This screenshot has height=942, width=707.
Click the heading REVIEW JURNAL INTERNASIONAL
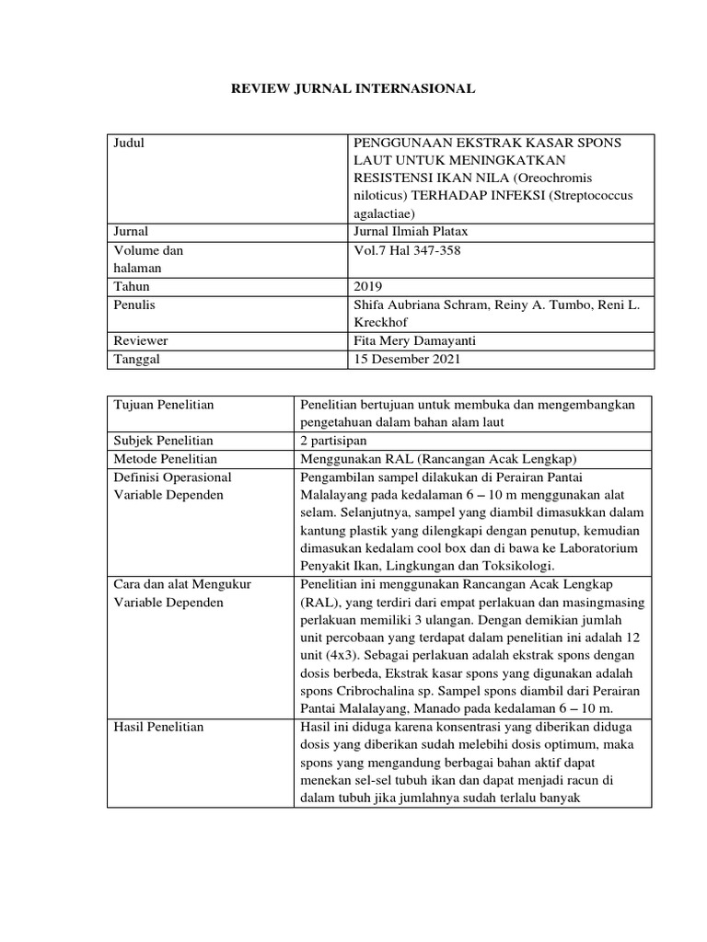tap(353, 90)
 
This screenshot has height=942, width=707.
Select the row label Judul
tap(130, 144)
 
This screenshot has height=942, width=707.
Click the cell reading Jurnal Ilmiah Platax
tap(409, 231)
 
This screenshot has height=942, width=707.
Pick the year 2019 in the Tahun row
tap(368, 286)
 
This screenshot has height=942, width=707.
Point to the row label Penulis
tap(133, 304)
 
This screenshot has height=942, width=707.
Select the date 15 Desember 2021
tap(402, 359)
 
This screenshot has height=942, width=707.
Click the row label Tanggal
tap(136, 359)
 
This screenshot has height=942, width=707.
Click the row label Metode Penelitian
tap(165, 459)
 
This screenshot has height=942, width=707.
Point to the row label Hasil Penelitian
tap(157, 727)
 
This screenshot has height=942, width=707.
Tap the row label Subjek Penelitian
tap(163, 441)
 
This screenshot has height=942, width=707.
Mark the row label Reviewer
tap(140, 340)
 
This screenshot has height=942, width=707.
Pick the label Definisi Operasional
tap(171, 477)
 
